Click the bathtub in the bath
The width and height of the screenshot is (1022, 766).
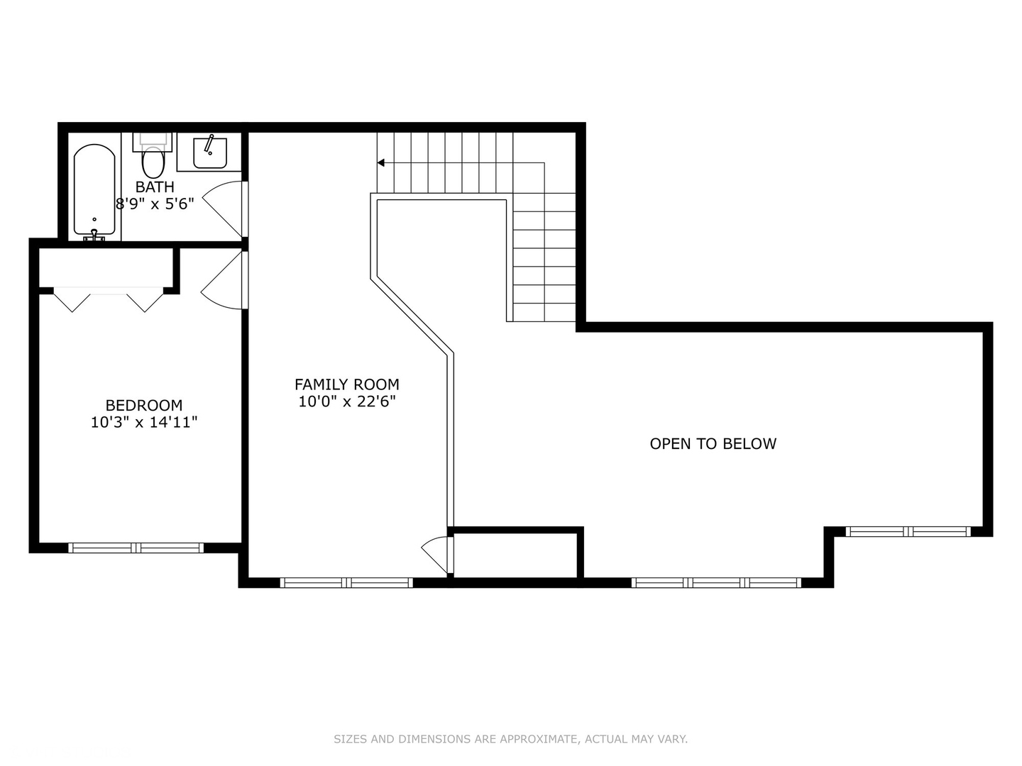[94, 189]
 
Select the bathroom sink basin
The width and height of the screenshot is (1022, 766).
[210, 153]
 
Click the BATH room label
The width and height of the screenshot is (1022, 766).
[155, 187]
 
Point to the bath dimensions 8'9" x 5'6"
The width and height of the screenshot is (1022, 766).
[155, 204]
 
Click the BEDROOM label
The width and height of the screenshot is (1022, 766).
[144, 406]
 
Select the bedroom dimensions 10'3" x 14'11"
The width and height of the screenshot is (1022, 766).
[144, 423]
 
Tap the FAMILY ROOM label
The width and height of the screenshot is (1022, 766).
[347, 384]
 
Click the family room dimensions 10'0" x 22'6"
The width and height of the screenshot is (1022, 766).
[347, 401]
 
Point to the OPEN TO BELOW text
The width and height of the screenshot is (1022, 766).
[713, 444]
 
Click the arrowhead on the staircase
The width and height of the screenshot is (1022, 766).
[381, 163]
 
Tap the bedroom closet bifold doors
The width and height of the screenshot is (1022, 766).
[109, 299]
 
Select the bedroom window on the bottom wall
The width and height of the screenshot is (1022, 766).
[136, 548]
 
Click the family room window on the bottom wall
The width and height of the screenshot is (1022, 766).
[346, 583]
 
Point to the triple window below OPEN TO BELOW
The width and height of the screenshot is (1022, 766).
[717, 583]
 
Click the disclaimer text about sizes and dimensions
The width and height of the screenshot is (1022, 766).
[510, 739]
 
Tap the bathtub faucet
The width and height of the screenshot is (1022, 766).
[94, 233]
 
